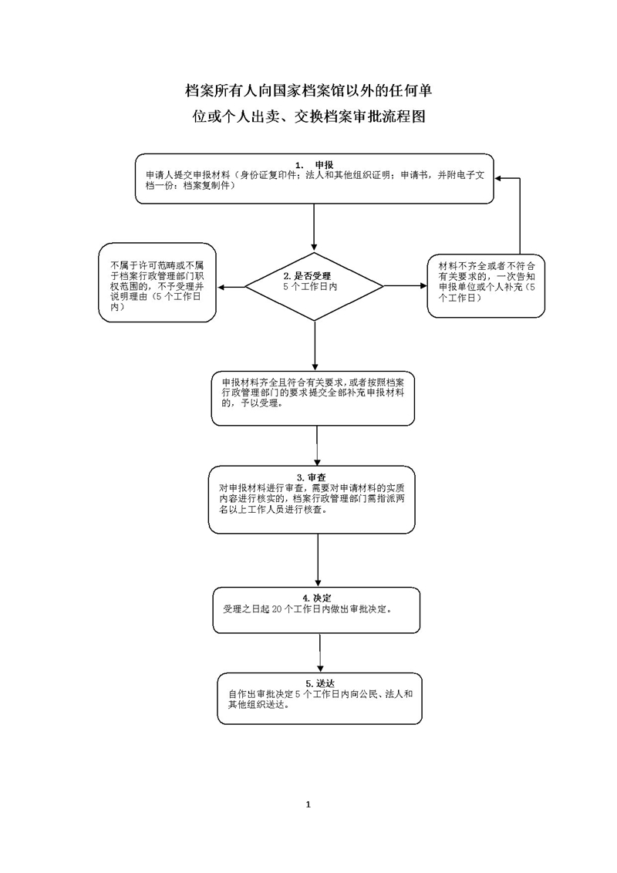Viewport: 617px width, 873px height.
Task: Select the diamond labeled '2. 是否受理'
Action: [315, 287]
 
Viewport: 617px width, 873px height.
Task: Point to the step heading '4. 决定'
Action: [316, 598]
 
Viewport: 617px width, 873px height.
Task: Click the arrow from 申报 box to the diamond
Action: [315, 228]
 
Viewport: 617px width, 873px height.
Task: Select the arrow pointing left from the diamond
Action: [231, 287]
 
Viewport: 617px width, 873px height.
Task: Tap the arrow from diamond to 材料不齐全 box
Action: [406, 287]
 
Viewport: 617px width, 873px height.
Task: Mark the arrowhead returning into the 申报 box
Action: [500, 178]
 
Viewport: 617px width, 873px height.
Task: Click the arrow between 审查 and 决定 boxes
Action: [318, 560]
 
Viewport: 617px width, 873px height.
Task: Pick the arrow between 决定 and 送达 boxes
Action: [319, 647]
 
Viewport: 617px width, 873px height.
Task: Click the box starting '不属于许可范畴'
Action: [157, 282]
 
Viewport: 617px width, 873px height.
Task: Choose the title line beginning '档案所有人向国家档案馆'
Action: [308, 91]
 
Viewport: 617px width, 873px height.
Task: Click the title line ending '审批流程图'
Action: [308, 117]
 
